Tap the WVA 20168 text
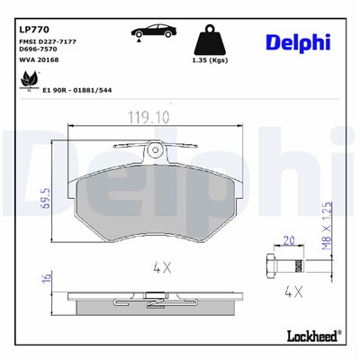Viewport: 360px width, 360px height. [x=36, y=61]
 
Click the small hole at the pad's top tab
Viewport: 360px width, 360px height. [x=157, y=149]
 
